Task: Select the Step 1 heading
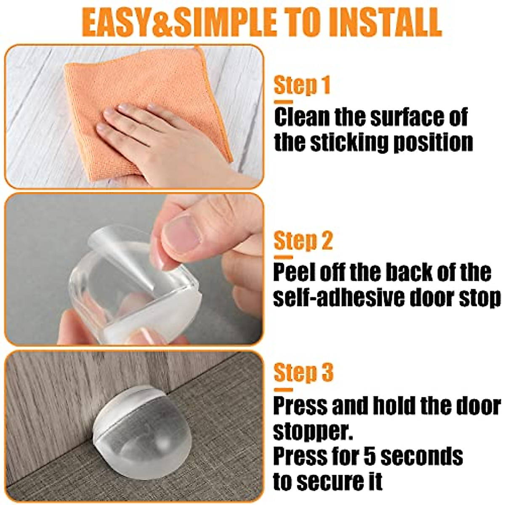302,85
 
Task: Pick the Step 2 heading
303,241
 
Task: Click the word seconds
422,456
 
